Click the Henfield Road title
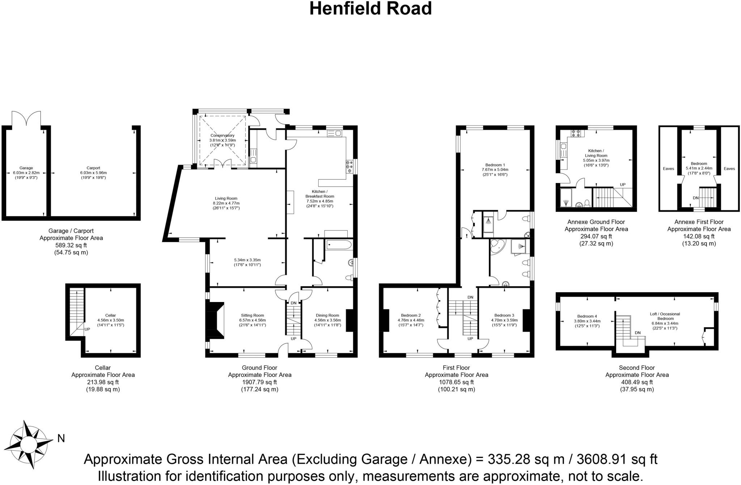pyautogui.click(x=370, y=9)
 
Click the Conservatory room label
pyautogui.click(x=223, y=136)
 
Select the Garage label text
pyautogui.click(x=26, y=168)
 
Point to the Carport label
pyautogui.click(x=93, y=168)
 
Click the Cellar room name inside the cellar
pyautogui.click(x=110, y=315)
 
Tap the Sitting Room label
pyautogui.click(x=252, y=315)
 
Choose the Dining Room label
pyautogui.click(x=327, y=315)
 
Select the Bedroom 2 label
pyautogui.click(x=411, y=315)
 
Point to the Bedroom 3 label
pyautogui.click(x=504, y=315)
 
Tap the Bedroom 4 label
pyautogui.click(x=587, y=316)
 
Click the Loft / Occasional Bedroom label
pyautogui.click(x=665, y=316)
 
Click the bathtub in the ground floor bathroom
pyautogui.click(x=339, y=245)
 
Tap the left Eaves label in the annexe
pyautogui.click(x=668, y=169)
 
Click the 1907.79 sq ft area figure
pyautogui.click(x=259, y=382)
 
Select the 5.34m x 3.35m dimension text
pyautogui.click(x=247, y=260)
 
